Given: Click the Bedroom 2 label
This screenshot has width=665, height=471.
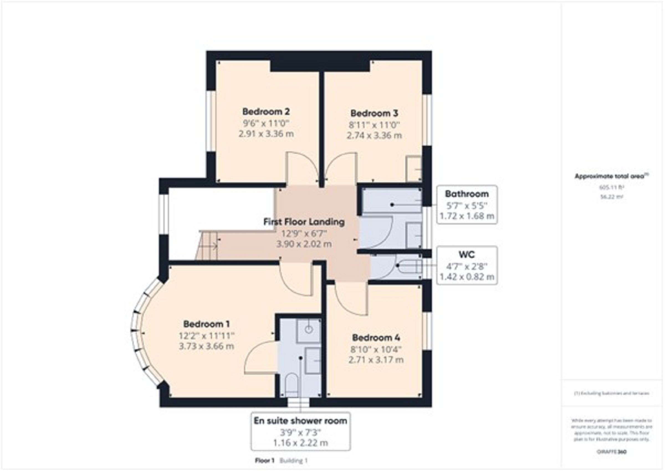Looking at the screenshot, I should point(266,112).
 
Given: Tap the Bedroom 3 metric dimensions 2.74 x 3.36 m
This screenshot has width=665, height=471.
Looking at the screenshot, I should point(374,136).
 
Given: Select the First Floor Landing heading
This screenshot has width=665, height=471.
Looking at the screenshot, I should point(304,222).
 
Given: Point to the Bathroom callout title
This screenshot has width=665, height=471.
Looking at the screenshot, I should point(467,194).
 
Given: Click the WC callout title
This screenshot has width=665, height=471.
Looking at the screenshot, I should point(467,255).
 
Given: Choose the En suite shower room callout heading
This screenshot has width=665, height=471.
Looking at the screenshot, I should point(300,421).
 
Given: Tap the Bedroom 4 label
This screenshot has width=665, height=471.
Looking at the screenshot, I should point(376,338).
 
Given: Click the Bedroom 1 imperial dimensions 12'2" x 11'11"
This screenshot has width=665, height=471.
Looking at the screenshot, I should point(206,336).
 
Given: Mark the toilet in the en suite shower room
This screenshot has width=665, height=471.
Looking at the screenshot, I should point(291,384).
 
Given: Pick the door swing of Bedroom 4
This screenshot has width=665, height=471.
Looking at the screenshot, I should point(350,299).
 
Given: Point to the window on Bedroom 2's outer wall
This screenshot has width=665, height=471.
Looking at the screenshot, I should point(211,121).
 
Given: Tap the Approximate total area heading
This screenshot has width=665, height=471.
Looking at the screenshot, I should point(611,176).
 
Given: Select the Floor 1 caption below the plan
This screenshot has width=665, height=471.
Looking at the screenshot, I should point(264,460).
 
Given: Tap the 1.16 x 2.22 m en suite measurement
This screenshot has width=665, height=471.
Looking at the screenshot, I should point(300,443).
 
